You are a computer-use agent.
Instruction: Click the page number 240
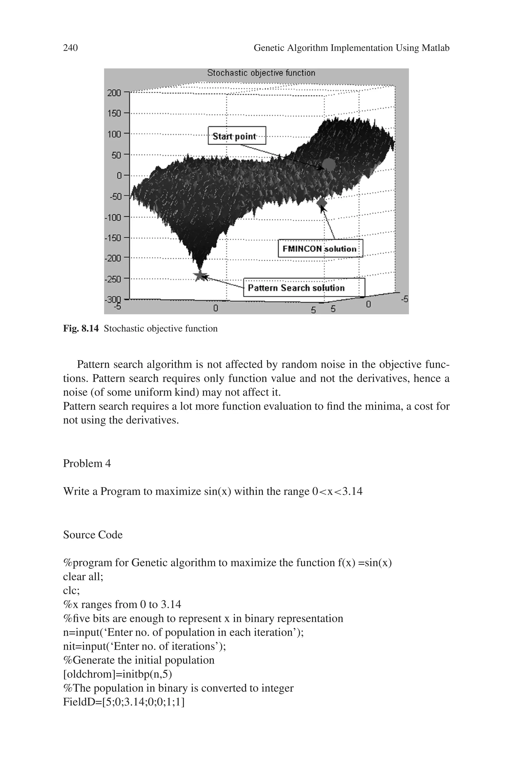point(71,48)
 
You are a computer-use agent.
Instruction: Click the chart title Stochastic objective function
point(261,73)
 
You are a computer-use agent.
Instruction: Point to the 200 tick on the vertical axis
point(114,93)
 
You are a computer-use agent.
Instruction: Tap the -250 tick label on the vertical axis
point(113,279)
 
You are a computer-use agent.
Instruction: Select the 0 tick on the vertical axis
point(119,176)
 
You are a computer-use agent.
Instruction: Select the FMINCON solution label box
point(320,248)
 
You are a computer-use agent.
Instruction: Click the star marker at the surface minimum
point(200,276)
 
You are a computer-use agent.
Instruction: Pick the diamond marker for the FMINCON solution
point(322,203)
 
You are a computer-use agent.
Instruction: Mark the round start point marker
point(329,164)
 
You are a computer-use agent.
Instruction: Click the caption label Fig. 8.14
point(81,329)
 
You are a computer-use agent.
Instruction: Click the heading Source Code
point(93,535)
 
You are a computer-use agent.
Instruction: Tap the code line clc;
point(71,590)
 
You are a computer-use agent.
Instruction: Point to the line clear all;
point(83,576)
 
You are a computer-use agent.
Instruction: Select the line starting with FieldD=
point(123,702)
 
